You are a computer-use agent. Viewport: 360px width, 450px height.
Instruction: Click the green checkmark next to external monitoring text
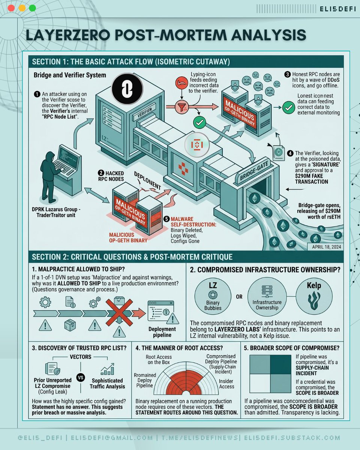point(288,107)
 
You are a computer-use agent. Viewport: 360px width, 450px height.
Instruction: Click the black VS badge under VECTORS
point(80,378)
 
